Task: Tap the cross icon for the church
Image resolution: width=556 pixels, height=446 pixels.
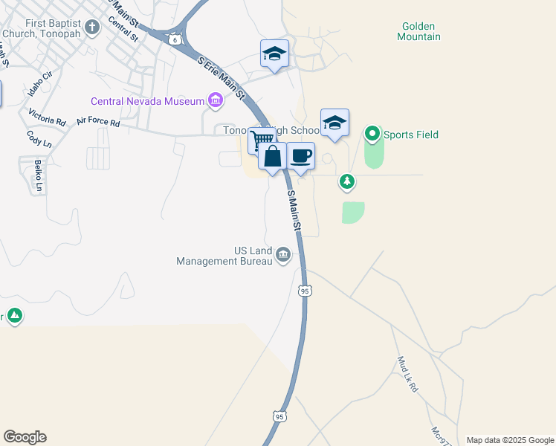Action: pos(92,28)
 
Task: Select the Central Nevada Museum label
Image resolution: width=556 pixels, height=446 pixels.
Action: pos(147,101)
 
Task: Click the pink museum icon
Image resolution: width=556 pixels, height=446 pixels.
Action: pos(216,100)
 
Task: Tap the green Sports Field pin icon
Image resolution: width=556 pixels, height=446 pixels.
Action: pos(372,135)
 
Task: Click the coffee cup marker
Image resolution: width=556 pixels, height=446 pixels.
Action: pos(300,157)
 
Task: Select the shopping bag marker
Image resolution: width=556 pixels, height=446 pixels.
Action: pos(273,157)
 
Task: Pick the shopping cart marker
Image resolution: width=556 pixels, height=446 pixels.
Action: pos(261,140)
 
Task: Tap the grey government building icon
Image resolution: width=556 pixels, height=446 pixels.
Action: pos(283,256)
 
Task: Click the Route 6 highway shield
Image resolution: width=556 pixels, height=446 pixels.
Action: pos(173,39)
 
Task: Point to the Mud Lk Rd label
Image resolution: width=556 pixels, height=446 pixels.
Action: pos(407,375)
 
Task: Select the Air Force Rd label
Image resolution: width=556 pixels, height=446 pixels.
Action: pos(98,122)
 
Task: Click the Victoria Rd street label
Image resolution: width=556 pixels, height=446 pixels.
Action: pos(47,117)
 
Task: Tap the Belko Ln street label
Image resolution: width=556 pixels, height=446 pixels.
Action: pos(39,175)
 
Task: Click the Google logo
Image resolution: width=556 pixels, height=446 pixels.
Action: pos(25,437)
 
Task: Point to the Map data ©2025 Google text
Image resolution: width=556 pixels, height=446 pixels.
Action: pos(510,440)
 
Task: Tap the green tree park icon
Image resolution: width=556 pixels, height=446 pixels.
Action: pos(346,181)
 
